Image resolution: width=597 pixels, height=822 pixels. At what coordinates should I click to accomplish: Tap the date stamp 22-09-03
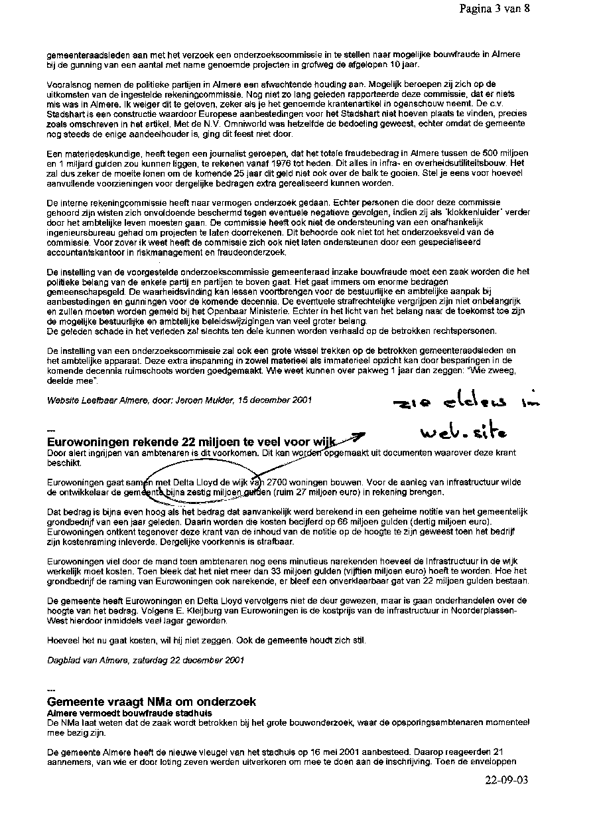coord(506,781)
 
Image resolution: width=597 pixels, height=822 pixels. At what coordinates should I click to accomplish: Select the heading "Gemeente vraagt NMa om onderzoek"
coord(152,702)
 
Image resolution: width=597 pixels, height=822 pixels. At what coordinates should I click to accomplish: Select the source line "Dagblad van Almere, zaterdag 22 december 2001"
coord(145,660)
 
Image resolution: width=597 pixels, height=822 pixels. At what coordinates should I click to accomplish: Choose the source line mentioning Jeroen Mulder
coord(179,400)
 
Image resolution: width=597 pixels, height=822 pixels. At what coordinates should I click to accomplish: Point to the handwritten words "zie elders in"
coord(448,402)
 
